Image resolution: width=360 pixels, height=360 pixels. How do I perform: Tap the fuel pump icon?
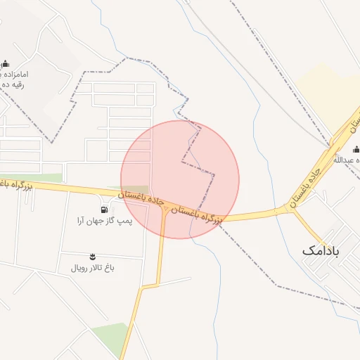click(x=105, y=209)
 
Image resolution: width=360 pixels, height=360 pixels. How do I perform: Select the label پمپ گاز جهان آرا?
click(x=105, y=221)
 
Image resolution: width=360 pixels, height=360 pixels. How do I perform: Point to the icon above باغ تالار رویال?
click(x=94, y=256)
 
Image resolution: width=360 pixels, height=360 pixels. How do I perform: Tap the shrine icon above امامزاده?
click(x=6, y=63)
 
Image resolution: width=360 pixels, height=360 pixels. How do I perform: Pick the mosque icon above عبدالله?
click(x=355, y=149)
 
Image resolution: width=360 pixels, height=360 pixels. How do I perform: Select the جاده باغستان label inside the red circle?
click(x=142, y=198)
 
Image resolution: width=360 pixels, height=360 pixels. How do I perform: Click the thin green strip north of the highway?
click(x=32, y=178)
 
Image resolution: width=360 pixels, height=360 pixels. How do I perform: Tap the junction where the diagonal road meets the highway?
click(x=287, y=208)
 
